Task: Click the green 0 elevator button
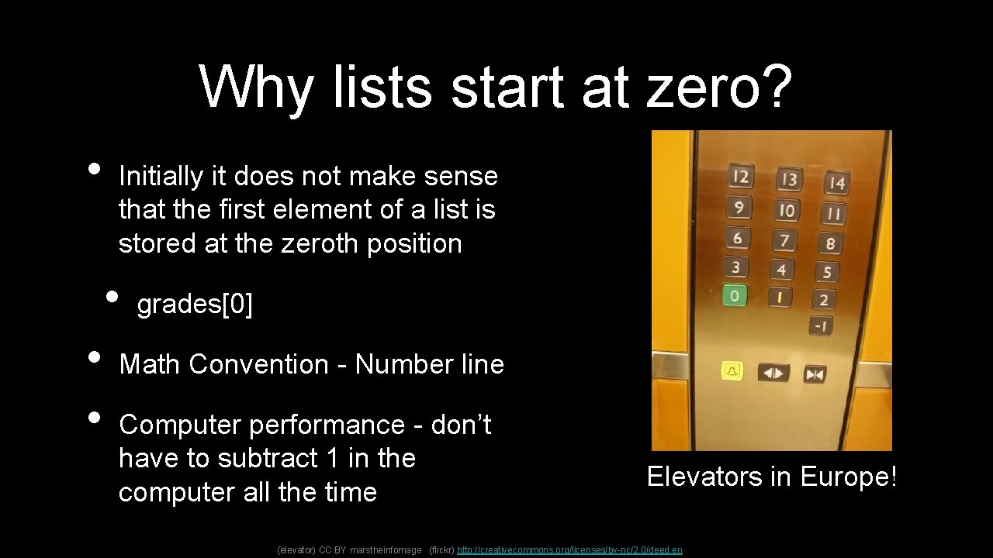click(x=734, y=295)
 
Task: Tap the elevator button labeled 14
click(x=836, y=184)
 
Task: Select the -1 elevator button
click(x=821, y=326)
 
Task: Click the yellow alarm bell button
click(x=732, y=371)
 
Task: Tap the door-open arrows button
click(x=773, y=373)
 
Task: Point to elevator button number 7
click(x=784, y=240)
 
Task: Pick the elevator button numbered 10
click(x=787, y=210)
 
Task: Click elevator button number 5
click(x=826, y=272)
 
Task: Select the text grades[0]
click(x=195, y=305)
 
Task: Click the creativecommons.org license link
click(x=570, y=549)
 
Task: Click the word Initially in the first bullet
click(x=162, y=177)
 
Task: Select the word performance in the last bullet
click(x=338, y=425)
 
